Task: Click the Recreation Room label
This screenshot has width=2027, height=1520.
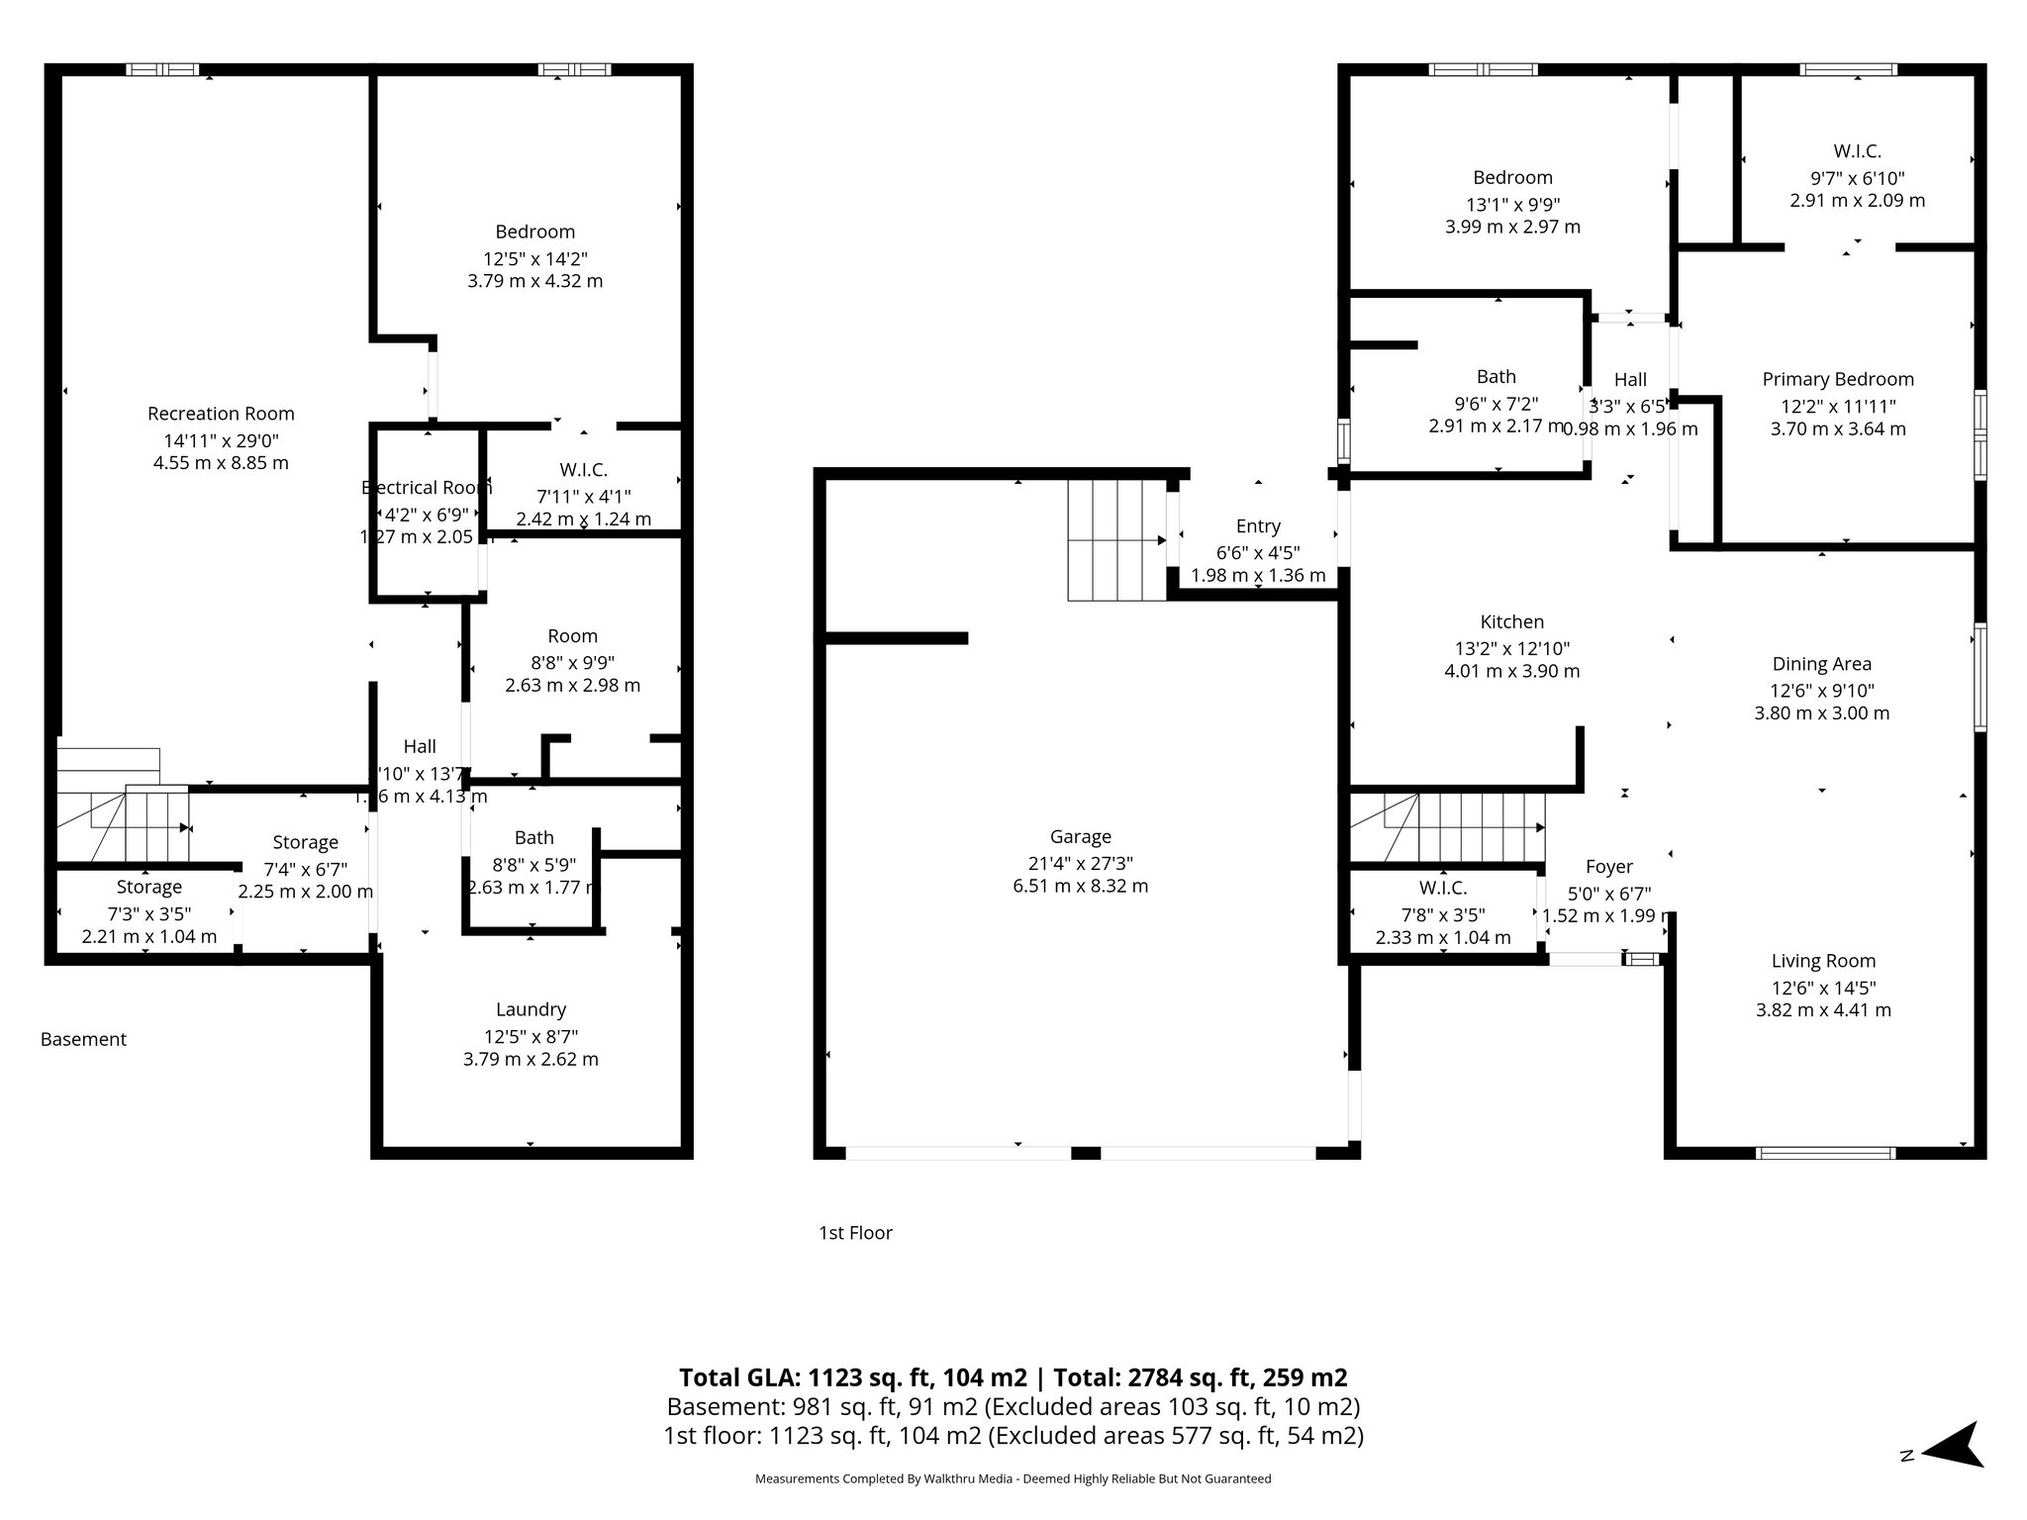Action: [x=221, y=414]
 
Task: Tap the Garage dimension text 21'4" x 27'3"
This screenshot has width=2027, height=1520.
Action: [x=1080, y=862]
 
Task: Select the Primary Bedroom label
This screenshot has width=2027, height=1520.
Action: [x=1837, y=379]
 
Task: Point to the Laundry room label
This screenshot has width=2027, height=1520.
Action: [x=531, y=1009]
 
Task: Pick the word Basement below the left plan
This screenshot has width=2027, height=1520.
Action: [x=83, y=1039]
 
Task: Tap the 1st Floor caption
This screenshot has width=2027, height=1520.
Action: [x=855, y=1232]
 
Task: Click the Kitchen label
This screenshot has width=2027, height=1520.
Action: [x=1511, y=621]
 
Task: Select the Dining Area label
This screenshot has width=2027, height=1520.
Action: [x=1821, y=664]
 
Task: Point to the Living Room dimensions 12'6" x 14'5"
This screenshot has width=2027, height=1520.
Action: [x=1823, y=988]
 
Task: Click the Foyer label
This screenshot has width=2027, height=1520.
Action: [x=1608, y=867]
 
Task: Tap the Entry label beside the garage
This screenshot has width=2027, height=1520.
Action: [x=1258, y=526]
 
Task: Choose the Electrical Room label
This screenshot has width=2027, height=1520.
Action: [x=427, y=487]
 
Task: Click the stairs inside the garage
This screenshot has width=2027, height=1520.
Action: [x=1116, y=540]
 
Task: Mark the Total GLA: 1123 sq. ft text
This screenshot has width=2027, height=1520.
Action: [x=851, y=1377]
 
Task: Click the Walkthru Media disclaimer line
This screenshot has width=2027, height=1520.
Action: [x=1013, y=1478]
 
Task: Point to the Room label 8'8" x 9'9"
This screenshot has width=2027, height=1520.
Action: [x=572, y=636]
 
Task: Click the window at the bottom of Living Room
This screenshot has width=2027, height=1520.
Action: [x=1825, y=1153]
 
